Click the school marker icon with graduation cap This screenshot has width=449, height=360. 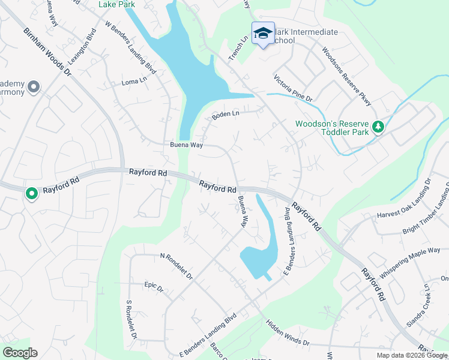[x=262, y=34]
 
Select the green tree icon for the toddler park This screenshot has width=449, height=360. [x=378, y=127]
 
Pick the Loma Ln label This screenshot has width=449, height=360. [x=134, y=81]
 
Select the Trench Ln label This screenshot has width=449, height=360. [x=238, y=47]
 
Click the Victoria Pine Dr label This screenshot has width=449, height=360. [x=293, y=88]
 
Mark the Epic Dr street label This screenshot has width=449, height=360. [x=154, y=287]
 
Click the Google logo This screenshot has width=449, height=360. [x=20, y=353]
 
